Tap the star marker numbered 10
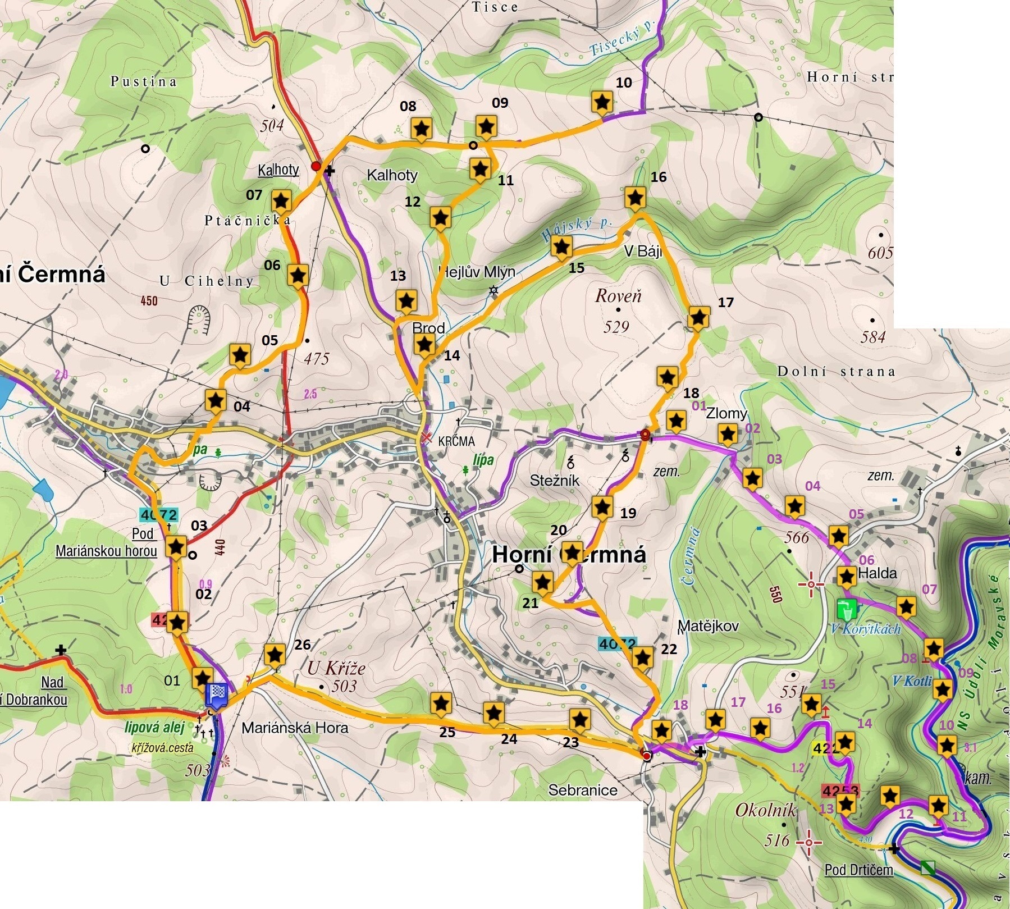602,103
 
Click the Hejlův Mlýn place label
477,272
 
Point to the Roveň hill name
618,296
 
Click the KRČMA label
456,441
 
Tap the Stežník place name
554,481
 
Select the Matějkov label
708,626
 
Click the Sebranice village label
582,791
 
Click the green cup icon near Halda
847,608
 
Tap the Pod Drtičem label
858,870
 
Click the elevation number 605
880,253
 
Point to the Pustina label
144,82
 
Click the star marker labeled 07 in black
281,201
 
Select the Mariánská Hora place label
295,728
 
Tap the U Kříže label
336,668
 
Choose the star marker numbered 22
642,658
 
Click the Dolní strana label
835,371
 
